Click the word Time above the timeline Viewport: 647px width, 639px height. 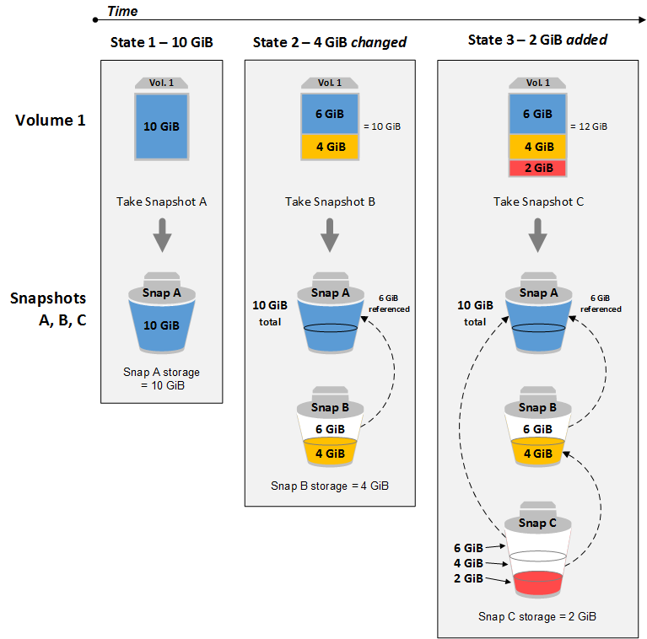pyautogui.click(x=122, y=11)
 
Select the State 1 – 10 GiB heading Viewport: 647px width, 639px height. pyautogui.click(x=161, y=42)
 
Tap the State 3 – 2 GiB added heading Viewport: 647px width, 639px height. pyautogui.click(x=537, y=40)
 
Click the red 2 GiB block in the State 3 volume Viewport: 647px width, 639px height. pyautogui.click(x=537, y=168)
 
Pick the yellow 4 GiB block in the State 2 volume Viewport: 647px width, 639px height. pyautogui.click(x=330, y=147)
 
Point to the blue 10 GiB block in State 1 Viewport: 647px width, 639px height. pyautogui.click(x=161, y=126)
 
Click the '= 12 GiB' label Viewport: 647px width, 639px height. pyautogui.click(x=589, y=126)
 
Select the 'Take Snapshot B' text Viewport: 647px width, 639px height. pyautogui.click(x=330, y=201)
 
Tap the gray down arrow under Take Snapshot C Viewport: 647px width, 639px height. pyautogui.click(x=537, y=235)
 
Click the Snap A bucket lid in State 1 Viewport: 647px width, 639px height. pyautogui.click(x=161, y=288)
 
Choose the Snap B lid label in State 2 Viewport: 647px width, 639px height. pyautogui.click(x=330, y=407)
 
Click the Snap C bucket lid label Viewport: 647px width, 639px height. pyautogui.click(x=537, y=523)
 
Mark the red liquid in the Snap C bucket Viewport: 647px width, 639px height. pyautogui.click(x=537, y=583)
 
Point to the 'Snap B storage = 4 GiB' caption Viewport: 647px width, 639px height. pyautogui.click(x=330, y=486)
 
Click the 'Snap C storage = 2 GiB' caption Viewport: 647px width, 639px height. pyautogui.click(x=537, y=616)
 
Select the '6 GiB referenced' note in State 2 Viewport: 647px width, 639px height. pyautogui.click(x=389, y=303)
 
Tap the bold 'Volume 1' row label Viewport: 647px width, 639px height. pyautogui.click(x=51, y=120)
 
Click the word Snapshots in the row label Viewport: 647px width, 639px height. pyautogui.click(x=48, y=298)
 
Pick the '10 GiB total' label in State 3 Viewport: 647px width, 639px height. pyautogui.click(x=475, y=314)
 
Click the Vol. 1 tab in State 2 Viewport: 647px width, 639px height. pyautogui.click(x=330, y=83)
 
